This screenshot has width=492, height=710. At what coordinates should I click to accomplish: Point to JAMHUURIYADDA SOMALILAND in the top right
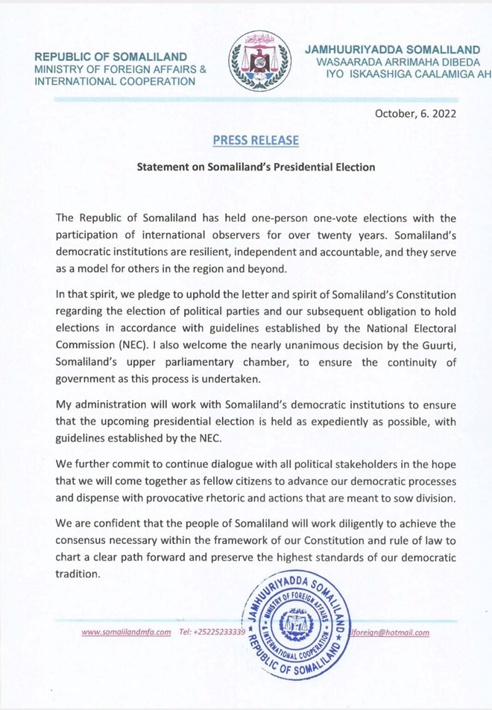click(x=392, y=50)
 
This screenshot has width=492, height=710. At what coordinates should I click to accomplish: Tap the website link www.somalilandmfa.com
click(x=126, y=633)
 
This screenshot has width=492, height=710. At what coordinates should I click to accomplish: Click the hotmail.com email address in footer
click(x=392, y=633)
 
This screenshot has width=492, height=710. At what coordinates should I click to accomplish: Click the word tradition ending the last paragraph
click(x=78, y=574)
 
